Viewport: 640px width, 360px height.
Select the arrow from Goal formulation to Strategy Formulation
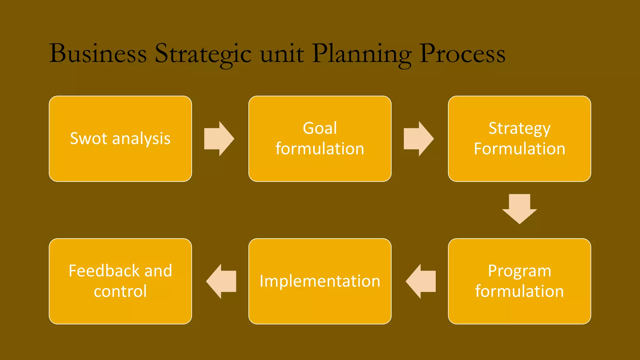(x=418, y=139)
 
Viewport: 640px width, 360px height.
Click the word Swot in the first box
(x=89, y=138)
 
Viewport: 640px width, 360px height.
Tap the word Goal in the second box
(x=320, y=128)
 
